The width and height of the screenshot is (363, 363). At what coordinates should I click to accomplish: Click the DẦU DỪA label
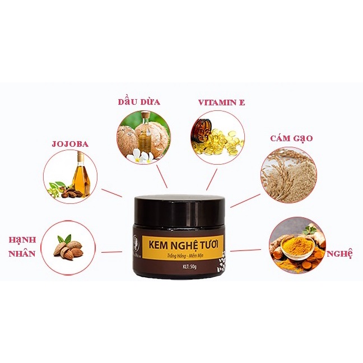140,102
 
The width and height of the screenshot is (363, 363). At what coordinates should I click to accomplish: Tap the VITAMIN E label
221,103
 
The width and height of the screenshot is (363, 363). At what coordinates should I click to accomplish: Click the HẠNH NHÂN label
22,246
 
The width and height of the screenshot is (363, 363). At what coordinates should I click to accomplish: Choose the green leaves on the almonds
66,239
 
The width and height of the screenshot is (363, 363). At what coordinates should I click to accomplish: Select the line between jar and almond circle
112,252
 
